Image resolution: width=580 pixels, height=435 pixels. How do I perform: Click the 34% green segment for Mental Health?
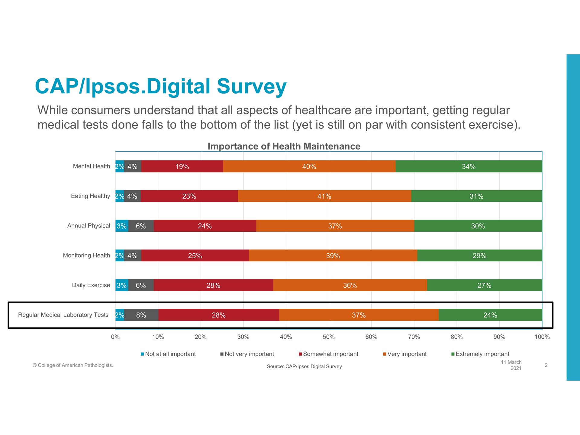coord(469,166)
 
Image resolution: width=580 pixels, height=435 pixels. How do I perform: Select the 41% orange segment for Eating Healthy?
coord(324,196)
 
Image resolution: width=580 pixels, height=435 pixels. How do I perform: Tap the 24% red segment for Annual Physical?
coord(205,226)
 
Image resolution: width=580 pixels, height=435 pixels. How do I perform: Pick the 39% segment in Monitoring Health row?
coord(333,256)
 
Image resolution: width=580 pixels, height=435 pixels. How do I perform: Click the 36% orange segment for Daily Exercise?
coord(350,285)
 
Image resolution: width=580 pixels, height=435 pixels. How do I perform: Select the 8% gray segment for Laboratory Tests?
coord(141,315)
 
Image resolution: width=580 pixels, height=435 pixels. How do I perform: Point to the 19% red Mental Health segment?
coord(182,166)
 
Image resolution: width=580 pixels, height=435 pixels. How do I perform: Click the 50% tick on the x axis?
coord(329,337)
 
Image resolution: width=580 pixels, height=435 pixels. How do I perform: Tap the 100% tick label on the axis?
coord(542,337)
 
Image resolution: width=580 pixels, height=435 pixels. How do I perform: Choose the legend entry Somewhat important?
coord(330,354)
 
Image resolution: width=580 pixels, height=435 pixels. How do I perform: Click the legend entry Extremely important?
coord(482,354)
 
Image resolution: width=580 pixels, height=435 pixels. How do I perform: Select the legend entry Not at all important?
coord(170,354)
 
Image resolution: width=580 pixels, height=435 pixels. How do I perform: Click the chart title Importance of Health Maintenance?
coord(284,147)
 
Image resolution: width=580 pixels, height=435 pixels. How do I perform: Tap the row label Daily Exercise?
coord(91,285)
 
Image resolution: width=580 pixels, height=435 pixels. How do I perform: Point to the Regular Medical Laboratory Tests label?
coord(63,315)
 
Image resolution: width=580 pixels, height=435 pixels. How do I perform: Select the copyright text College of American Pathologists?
coord(73,366)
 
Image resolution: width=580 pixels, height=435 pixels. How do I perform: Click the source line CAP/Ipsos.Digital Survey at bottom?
coord(304,366)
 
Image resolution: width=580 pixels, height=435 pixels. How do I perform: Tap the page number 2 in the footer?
coord(546,365)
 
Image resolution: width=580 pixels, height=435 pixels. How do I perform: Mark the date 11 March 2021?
coord(511,365)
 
